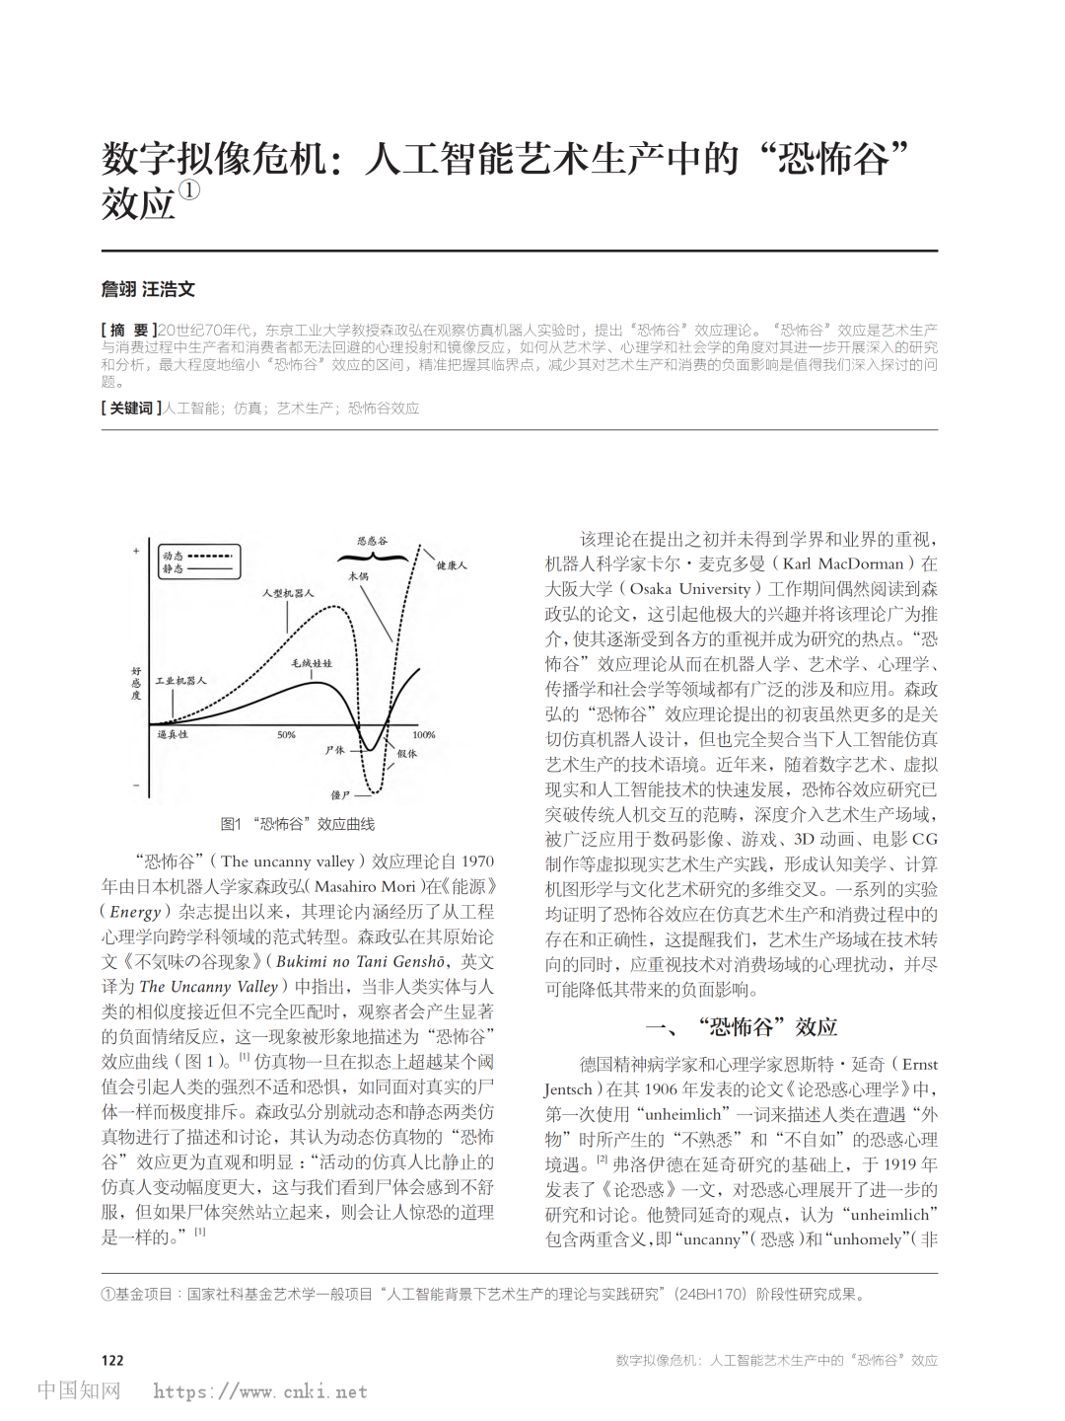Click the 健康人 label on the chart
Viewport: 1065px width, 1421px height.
(x=452, y=565)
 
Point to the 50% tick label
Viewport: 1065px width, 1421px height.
(x=286, y=735)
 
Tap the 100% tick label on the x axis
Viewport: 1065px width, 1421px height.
(x=424, y=735)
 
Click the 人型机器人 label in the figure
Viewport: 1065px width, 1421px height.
(x=288, y=593)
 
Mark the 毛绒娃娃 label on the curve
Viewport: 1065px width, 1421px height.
(x=312, y=663)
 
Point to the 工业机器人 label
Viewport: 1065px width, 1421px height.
(x=180, y=681)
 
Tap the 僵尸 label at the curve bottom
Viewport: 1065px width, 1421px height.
(x=340, y=794)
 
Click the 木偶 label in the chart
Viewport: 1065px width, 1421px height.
(x=358, y=576)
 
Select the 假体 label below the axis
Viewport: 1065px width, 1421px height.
(x=406, y=753)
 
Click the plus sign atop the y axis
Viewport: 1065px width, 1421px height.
(x=136, y=551)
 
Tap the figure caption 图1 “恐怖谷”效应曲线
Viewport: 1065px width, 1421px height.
(x=298, y=824)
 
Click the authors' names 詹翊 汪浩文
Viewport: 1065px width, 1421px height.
(x=148, y=289)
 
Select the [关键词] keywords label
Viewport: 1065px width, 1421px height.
(x=131, y=408)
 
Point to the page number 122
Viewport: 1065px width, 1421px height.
(x=112, y=1360)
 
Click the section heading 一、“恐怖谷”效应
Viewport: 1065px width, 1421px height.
(x=741, y=1027)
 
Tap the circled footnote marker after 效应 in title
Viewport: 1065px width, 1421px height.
(x=188, y=190)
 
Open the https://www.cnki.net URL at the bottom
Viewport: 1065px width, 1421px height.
(x=260, y=1391)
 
